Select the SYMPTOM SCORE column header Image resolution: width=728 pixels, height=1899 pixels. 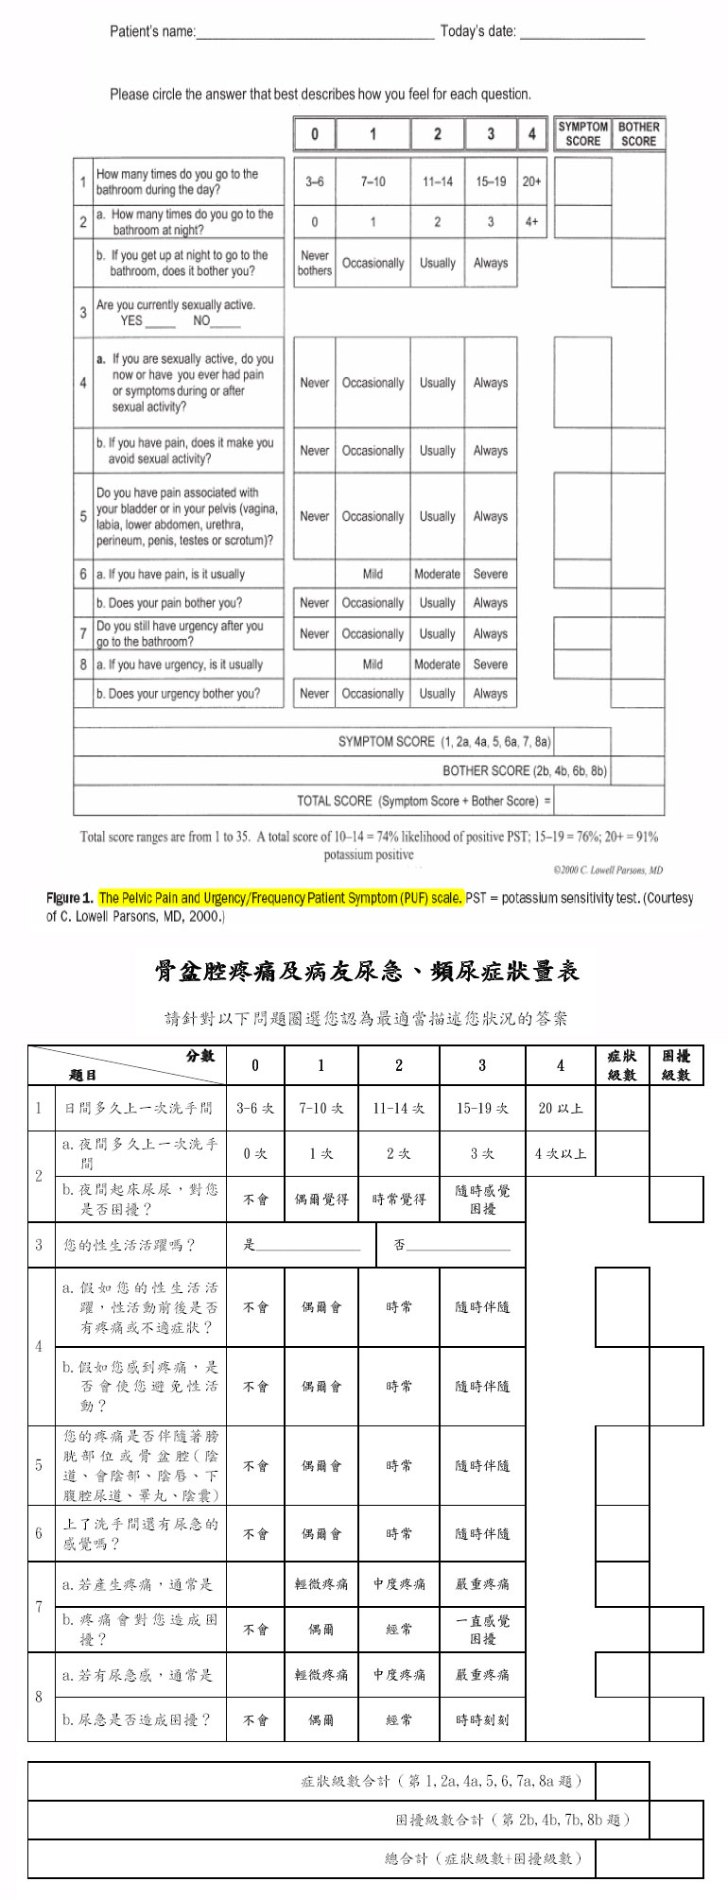(582, 134)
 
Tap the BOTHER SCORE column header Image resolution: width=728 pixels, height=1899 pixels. (638, 134)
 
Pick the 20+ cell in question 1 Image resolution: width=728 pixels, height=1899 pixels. (531, 181)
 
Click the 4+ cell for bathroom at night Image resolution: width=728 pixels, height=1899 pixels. (531, 222)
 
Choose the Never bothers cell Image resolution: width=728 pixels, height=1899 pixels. (315, 264)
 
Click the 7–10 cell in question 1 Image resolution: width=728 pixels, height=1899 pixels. (373, 181)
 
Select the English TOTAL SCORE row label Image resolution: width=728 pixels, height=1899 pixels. (424, 802)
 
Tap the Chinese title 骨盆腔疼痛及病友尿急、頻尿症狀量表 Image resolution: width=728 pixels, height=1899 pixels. (366, 972)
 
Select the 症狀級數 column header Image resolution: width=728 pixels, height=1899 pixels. (622, 1065)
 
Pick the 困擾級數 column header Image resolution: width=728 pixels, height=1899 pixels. (676, 1065)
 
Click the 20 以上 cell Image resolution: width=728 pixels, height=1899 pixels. (560, 1108)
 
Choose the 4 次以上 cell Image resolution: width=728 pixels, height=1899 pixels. (560, 1154)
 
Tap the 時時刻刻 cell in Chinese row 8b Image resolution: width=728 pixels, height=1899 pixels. (482, 1720)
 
